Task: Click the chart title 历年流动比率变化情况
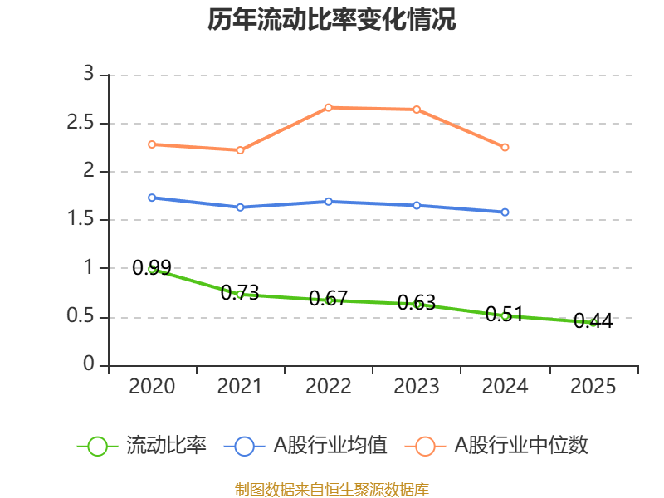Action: pos(332,20)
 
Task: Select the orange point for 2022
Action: pos(328,107)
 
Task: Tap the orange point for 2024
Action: pos(505,147)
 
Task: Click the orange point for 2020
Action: pos(152,144)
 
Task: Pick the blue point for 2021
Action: pos(240,207)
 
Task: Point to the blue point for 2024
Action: pos(505,212)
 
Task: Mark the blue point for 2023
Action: pos(417,205)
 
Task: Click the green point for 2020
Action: pos(152,268)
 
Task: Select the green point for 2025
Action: pos(593,322)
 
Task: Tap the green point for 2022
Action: pos(328,300)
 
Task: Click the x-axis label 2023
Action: pos(417,387)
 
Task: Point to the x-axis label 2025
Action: pos(593,387)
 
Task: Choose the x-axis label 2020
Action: pos(152,387)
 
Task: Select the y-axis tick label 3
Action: pos(89,75)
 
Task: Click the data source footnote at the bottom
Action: pos(332,489)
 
